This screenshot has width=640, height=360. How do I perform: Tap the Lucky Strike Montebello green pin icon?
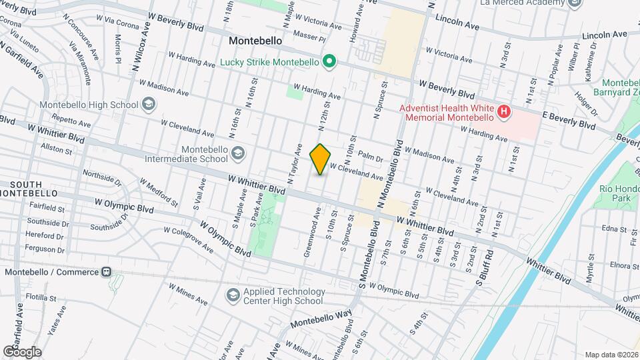(328, 63)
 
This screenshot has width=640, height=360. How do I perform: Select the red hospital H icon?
(504, 111)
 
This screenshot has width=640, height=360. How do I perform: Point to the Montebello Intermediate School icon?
(237, 155)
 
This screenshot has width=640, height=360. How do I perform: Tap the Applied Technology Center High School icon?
(233, 294)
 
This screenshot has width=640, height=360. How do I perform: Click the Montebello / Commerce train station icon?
(106, 272)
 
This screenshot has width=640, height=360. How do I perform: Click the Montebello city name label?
(255, 41)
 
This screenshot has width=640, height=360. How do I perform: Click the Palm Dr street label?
(370, 158)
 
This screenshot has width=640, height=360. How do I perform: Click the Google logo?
(22, 352)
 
